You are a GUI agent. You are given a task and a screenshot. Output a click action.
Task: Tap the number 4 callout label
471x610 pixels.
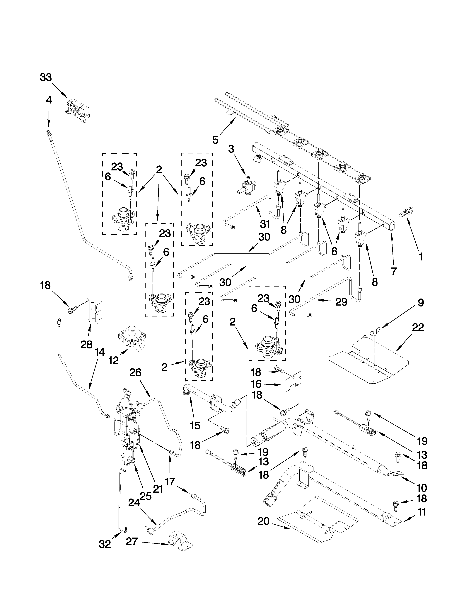coord(49,100)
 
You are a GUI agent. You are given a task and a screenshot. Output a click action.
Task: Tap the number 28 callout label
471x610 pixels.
coord(86,345)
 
